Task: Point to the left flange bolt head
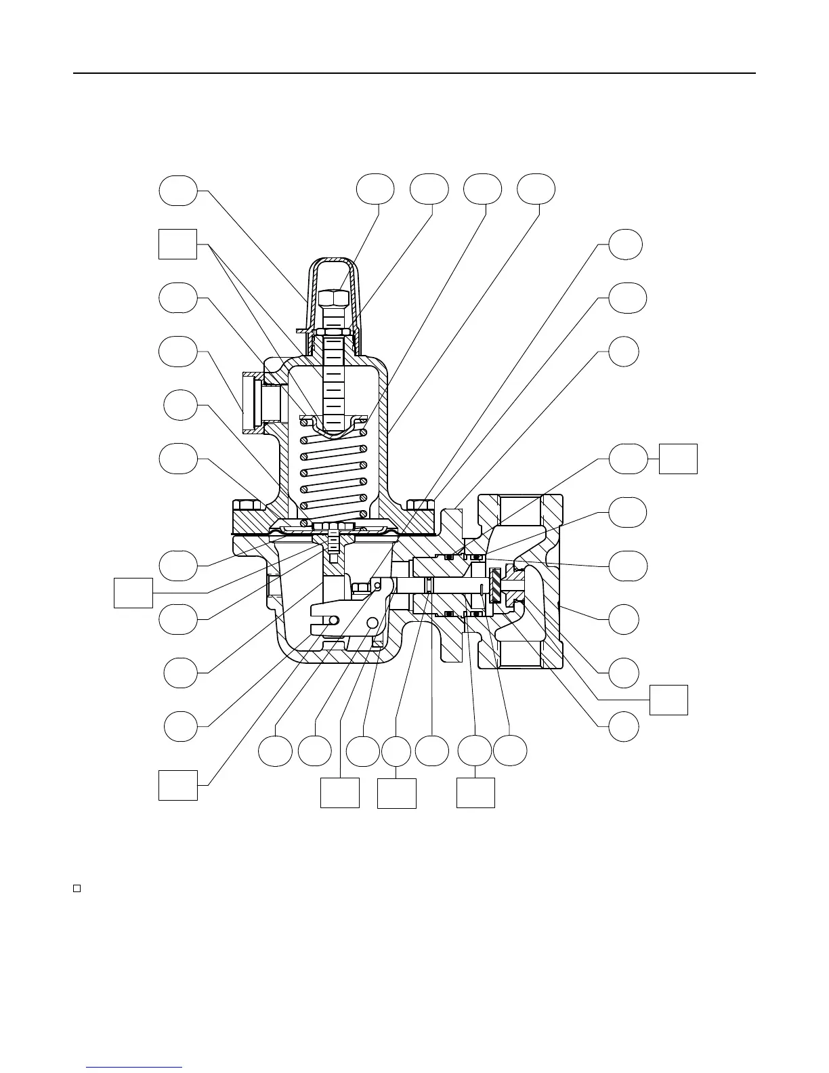248,505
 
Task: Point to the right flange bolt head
421,505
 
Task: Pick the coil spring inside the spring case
333,474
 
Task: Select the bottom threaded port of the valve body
520,650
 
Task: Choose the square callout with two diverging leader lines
177,244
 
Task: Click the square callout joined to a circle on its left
679,459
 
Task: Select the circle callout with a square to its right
628,459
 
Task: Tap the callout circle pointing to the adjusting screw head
375,189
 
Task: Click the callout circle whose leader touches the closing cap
178,190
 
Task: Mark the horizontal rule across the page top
414,73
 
